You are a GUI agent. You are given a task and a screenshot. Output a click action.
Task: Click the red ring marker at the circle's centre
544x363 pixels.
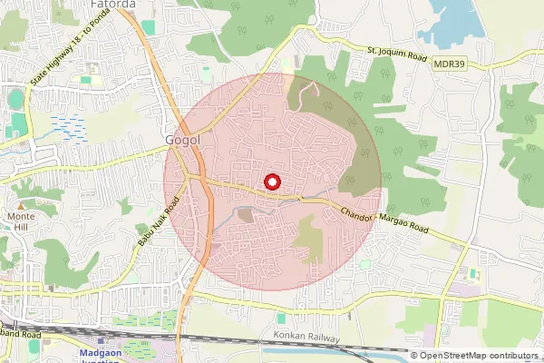point(272,182)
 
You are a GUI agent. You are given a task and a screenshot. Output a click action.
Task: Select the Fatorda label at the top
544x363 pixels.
point(113,5)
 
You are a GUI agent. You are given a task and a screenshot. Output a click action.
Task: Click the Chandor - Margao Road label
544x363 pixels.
point(384,223)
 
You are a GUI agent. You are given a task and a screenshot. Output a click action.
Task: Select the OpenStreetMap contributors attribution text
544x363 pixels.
point(478,356)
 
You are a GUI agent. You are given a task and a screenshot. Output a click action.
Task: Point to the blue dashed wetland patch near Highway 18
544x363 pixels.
point(68,128)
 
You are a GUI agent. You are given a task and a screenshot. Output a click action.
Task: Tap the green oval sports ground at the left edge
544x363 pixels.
point(15,99)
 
